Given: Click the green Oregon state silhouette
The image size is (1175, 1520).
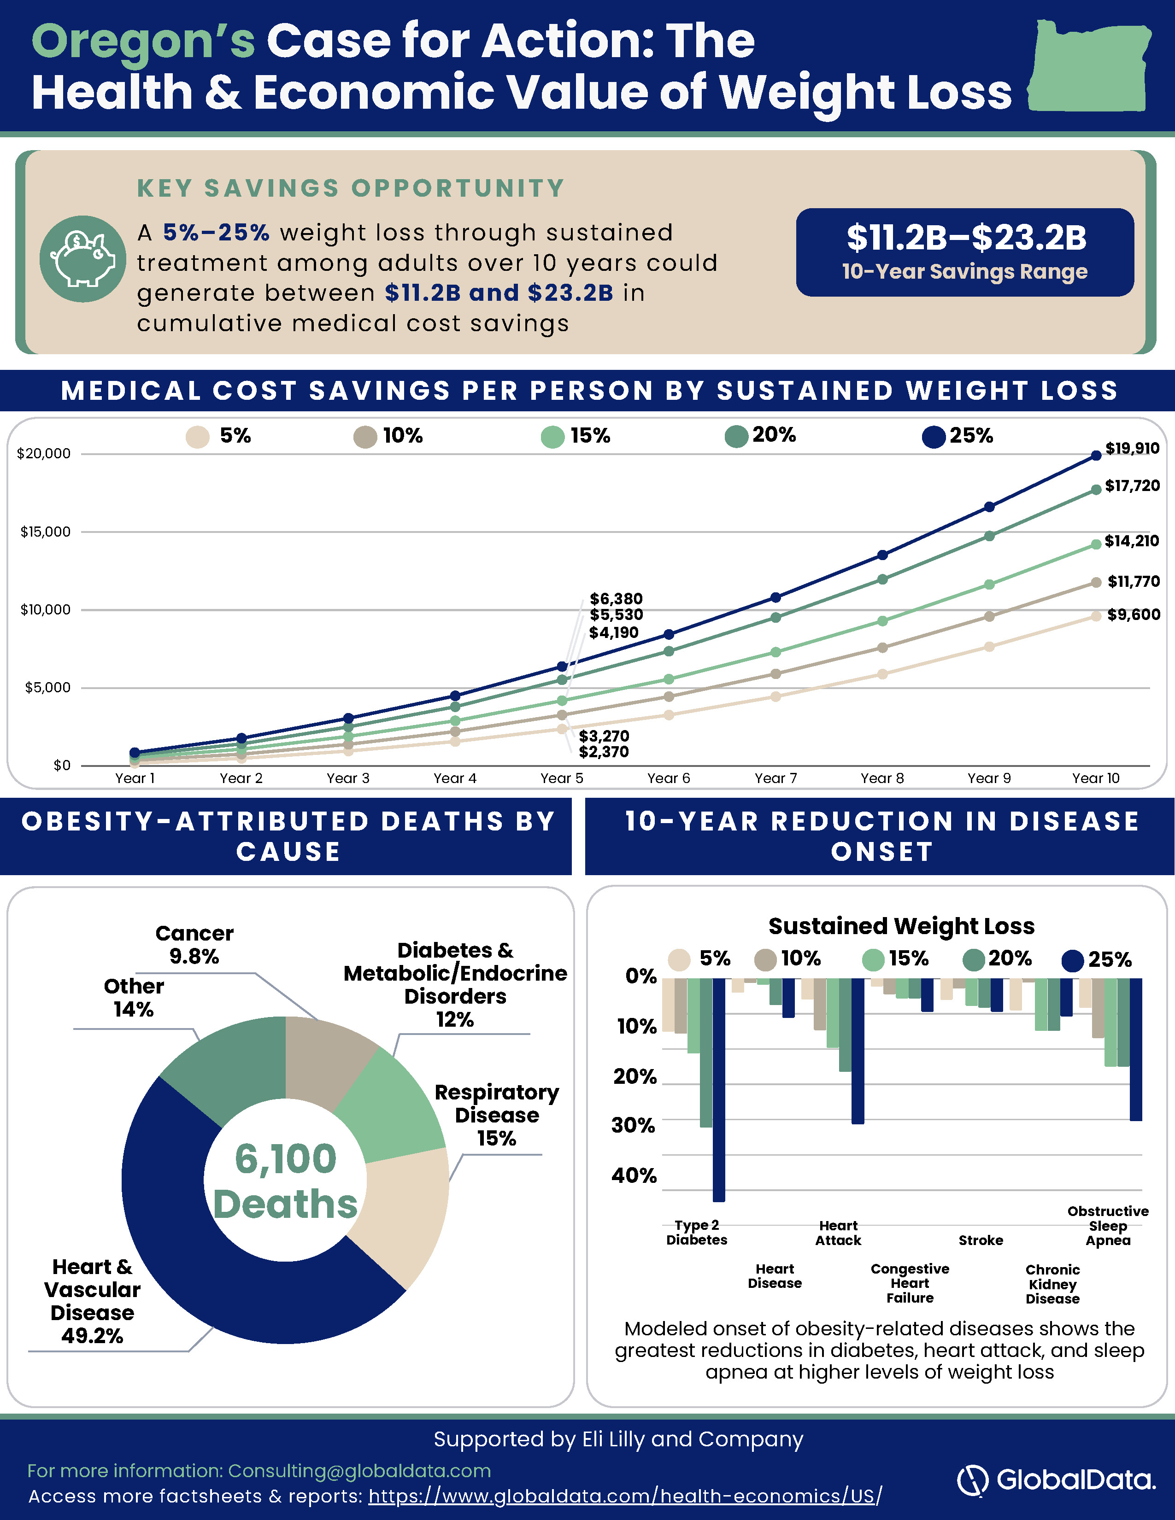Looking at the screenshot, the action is click(x=1089, y=66).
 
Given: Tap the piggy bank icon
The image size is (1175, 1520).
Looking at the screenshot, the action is click(x=83, y=259).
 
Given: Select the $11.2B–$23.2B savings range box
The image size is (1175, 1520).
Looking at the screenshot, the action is click(x=965, y=252).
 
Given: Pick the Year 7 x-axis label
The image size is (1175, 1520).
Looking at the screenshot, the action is click(x=775, y=778).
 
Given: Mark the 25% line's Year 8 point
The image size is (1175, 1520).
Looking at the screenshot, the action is click(x=883, y=555).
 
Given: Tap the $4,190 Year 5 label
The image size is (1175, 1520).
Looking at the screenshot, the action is click(x=614, y=632).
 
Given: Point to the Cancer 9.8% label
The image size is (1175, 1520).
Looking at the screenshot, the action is click(x=194, y=944).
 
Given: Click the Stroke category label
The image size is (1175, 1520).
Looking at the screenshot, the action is click(x=981, y=1240).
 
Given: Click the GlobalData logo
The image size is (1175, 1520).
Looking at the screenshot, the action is click(x=1057, y=1479).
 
